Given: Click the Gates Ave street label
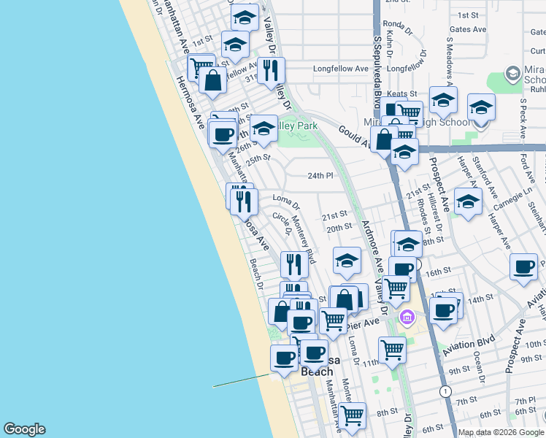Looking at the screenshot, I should click(x=468, y=30).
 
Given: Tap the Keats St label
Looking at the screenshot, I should click(x=401, y=94).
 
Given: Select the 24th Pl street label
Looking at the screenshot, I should click(x=320, y=176).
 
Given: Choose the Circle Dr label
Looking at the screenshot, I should click(x=282, y=223).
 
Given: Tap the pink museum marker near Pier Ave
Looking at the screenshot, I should click(x=407, y=317).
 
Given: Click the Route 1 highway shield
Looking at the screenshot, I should click(x=445, y=391).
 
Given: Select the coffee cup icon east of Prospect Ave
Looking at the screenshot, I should click(x=523, y=267).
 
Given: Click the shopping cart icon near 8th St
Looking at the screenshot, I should click(x=353, y=415).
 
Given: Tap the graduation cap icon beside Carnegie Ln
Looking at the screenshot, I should click(x=467, y=201).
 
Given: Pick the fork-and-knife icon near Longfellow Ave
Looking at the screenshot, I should click(x=271, y=70).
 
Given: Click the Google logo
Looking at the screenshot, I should click(x=24, y=429).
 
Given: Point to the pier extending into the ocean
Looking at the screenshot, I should click(x=242, y=381).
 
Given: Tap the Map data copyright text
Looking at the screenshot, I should click(x=500, y=432).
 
